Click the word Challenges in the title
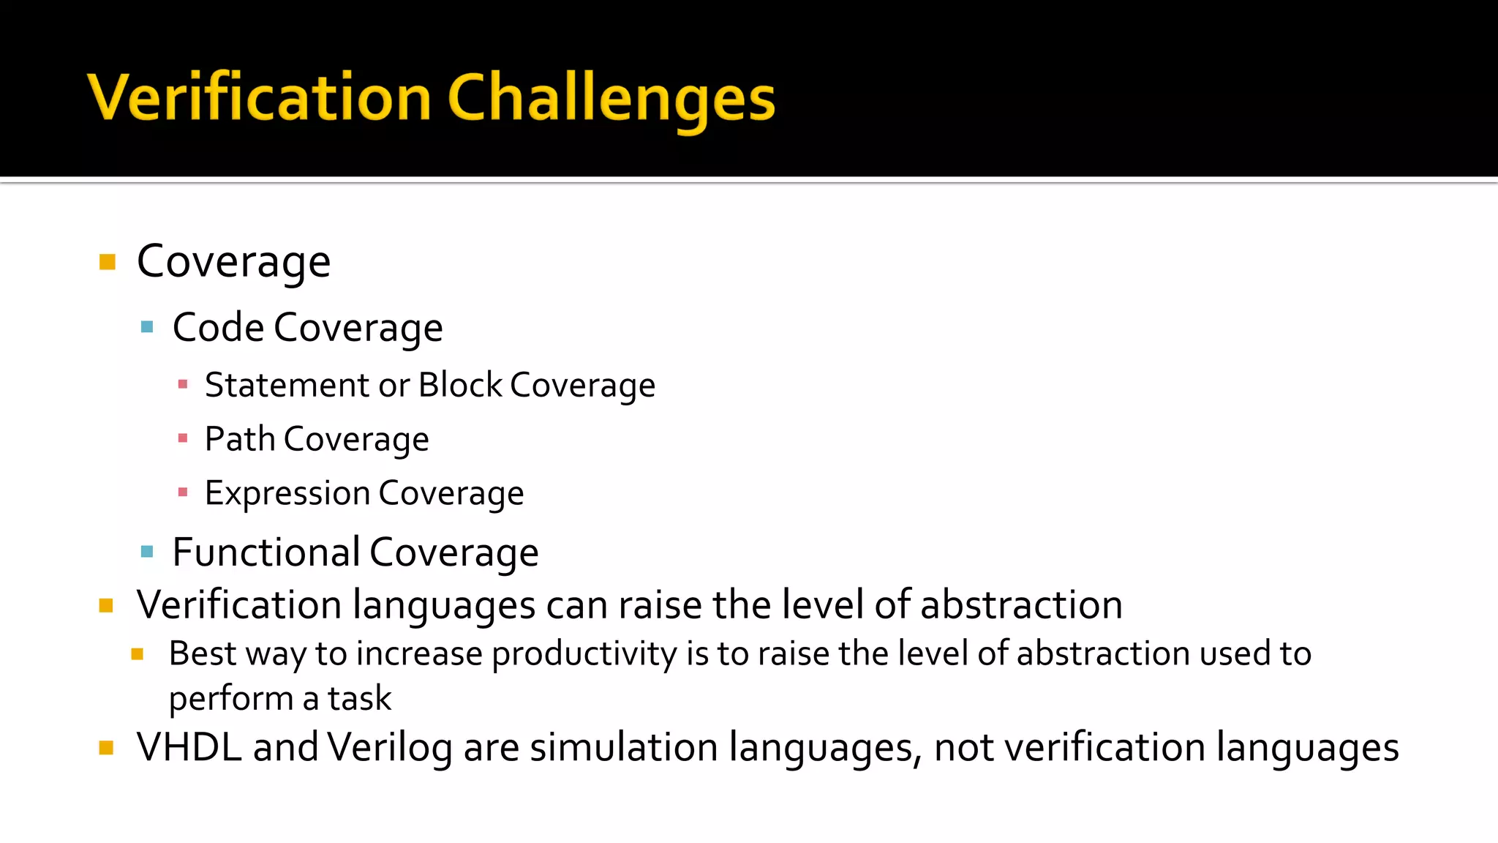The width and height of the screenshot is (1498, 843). pos(611,99)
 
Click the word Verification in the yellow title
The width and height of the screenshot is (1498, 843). pos(260,99)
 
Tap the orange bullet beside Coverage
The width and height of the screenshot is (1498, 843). pos(108,262)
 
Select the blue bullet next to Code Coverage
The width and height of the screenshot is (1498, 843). pos(147,327)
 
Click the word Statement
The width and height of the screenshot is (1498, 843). pos(287,385)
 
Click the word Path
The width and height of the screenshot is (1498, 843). pos(239,439)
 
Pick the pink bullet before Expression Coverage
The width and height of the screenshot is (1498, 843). pos(183,492)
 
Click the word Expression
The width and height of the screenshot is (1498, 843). pos(287,493)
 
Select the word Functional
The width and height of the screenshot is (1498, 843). pos(266,552)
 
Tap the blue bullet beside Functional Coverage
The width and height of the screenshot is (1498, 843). pos(147,552)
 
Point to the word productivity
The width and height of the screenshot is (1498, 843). pos(584,653)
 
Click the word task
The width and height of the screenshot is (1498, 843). pos(359,698)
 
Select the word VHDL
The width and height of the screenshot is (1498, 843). pos(189,747)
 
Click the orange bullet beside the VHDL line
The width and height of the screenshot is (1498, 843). pos(107,748)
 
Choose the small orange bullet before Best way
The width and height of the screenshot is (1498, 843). pos(138,654)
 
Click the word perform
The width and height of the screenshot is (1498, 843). pos(230,699)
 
